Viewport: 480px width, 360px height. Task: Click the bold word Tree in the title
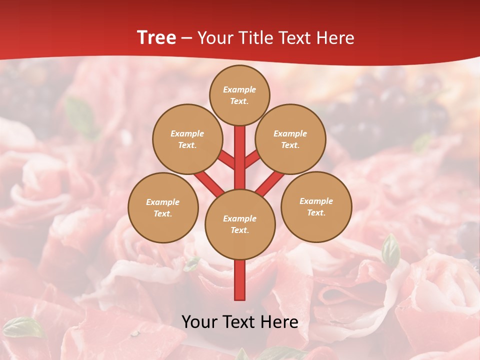click(156, 38)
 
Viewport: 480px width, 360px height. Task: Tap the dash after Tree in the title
click(187, 38)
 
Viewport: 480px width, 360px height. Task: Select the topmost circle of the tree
click(239, 95)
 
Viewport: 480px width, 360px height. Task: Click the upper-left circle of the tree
click(187, 139)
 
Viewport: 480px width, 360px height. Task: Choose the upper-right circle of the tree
click(290, 139)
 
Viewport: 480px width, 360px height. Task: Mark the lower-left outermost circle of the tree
click(163, 207)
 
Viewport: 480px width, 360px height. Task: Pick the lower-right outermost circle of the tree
click(316, 206)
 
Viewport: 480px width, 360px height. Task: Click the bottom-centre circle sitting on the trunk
click(239, 224)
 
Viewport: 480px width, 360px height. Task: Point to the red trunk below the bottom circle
click(240, 280)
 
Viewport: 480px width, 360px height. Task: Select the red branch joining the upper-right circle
click(252, 159)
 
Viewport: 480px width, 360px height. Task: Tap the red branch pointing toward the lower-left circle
click(209, 183)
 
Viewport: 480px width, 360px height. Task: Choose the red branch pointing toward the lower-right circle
click(270, 183)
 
